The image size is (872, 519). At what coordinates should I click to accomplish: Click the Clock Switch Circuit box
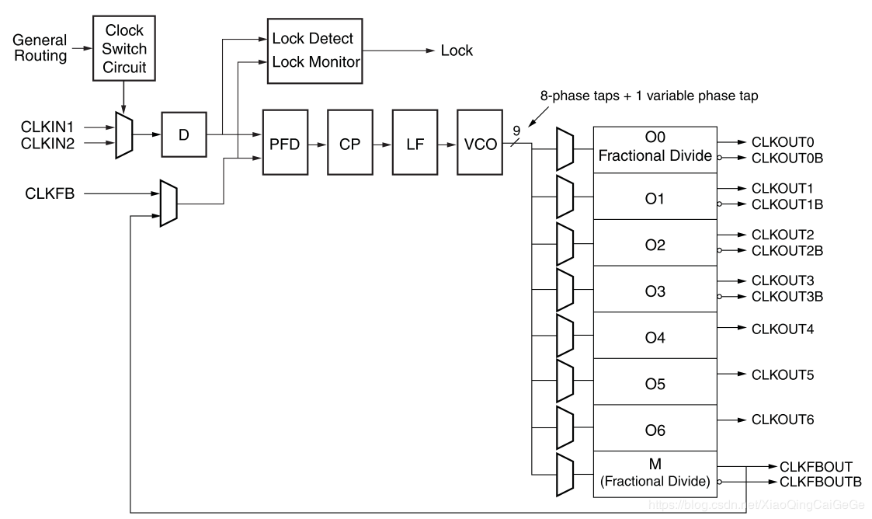point(124,47)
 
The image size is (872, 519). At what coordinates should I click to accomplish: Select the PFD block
point(286,144)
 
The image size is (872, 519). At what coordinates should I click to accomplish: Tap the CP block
point(350,144)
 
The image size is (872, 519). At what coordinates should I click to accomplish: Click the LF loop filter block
point(415,144)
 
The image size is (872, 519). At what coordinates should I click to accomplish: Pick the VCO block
point(480,144)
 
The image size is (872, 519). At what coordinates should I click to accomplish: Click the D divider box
point(183,134)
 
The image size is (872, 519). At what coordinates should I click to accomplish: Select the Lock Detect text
point(312,38)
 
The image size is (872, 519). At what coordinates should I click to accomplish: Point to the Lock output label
point(457,51)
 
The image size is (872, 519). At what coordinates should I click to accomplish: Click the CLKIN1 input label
point(47,125)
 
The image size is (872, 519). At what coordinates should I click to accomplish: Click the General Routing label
point(40,47)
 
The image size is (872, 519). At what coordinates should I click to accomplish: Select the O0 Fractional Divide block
point(655,147)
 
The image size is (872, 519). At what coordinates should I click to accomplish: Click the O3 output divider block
point(655,291)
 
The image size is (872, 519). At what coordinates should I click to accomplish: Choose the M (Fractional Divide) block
point(655,473)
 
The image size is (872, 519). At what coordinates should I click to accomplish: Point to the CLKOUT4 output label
point(782,329)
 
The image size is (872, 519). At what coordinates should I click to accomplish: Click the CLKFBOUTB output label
point(820,482)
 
